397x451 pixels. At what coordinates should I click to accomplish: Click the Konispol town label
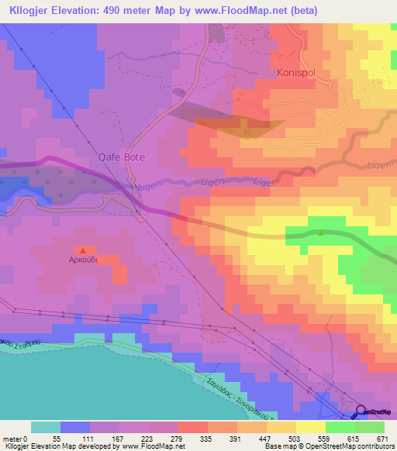pyautogui.click(x=299, y=73)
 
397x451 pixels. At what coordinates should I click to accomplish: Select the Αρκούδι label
pyautogui.click(x=81, y=261)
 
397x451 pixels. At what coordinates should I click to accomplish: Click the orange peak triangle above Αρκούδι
pyautogui.click(x=82, y=250)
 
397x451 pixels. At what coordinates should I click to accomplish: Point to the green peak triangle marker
pyautogui.click(x=321, y=232)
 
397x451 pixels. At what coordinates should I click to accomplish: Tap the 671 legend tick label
pyautogui.click(x=381, y=439)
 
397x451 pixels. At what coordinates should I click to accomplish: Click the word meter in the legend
pyautogui.click(x=12, y=439)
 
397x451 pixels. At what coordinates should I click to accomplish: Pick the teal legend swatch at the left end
pyautogui.click(x=46, y=427)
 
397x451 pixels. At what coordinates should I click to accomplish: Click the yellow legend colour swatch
pyautogui.click(x=311, y=427)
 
